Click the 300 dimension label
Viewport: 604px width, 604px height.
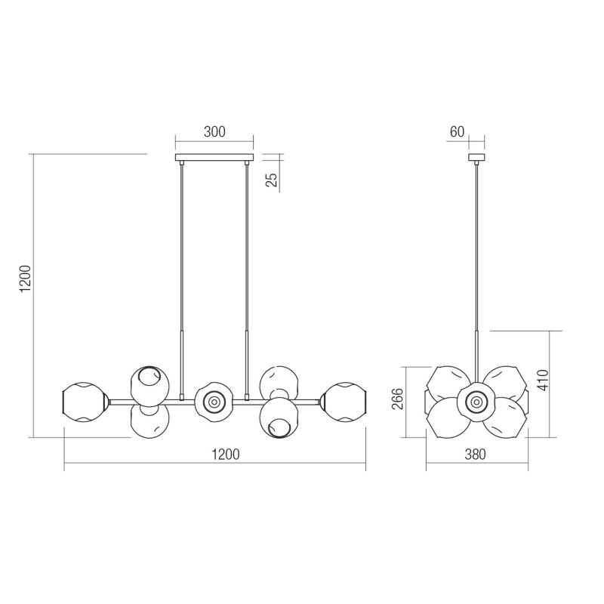pyautogui.click(x=214, y=132)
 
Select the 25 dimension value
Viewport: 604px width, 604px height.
pyautogui.click(x=273, y=179)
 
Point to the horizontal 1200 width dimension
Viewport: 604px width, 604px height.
pyautogui.click(x=224, y=455)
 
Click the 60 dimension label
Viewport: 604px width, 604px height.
pyautogui.click(x=457, y=132)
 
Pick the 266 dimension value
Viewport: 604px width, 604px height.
pyautogui.click(x=399, y=398)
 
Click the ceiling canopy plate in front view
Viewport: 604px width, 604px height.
pyautogui.click(x=214, y=159)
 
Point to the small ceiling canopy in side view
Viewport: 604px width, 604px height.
pyautogui.click(x=476, y=159)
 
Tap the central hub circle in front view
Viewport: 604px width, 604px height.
pyautogui.click(x=214, y=402)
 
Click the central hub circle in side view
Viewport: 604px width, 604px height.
pyautogui.click(x=477, y=402)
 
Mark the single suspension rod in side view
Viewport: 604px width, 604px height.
pyautogui.click(x=476, y=249)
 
